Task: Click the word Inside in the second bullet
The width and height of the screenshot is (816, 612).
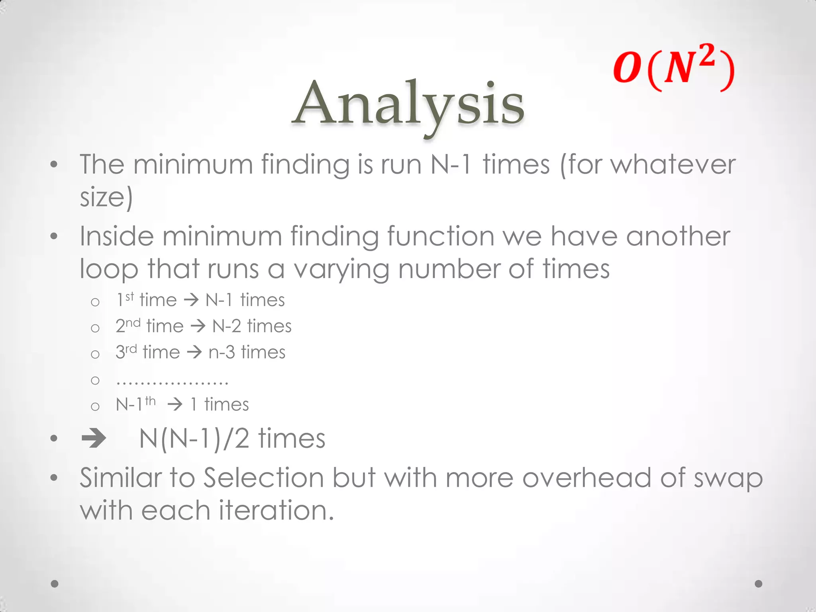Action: tap(116, 236)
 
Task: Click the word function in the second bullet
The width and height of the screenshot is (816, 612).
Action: tap(441, 236)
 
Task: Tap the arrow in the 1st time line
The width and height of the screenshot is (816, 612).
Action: tap(191, 300)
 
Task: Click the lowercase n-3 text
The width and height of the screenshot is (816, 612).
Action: tap(222, 352)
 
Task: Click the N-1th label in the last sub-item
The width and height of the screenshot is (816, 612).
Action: tap(135, 404)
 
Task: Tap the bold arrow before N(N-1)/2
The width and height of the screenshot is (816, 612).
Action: tap(94, 439)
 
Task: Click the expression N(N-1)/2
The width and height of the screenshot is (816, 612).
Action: tap(194, 439)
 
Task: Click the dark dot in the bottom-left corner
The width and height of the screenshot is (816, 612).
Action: tap(55, 584)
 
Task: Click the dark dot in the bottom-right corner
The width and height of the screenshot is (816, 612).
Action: tap(759, 584)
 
